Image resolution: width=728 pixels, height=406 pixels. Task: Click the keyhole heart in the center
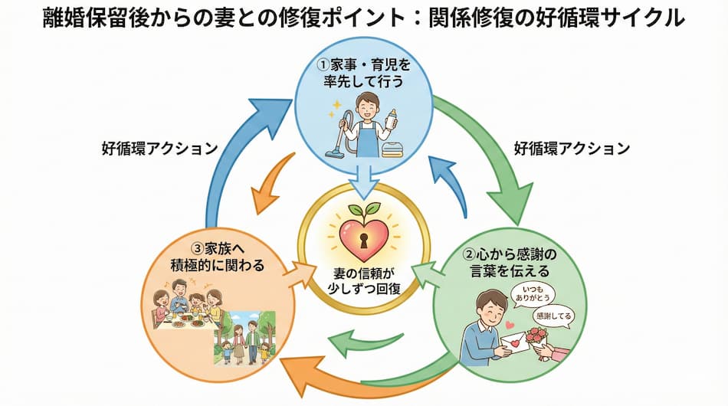[364, 234]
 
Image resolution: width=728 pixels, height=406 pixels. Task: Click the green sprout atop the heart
[364, 209]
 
